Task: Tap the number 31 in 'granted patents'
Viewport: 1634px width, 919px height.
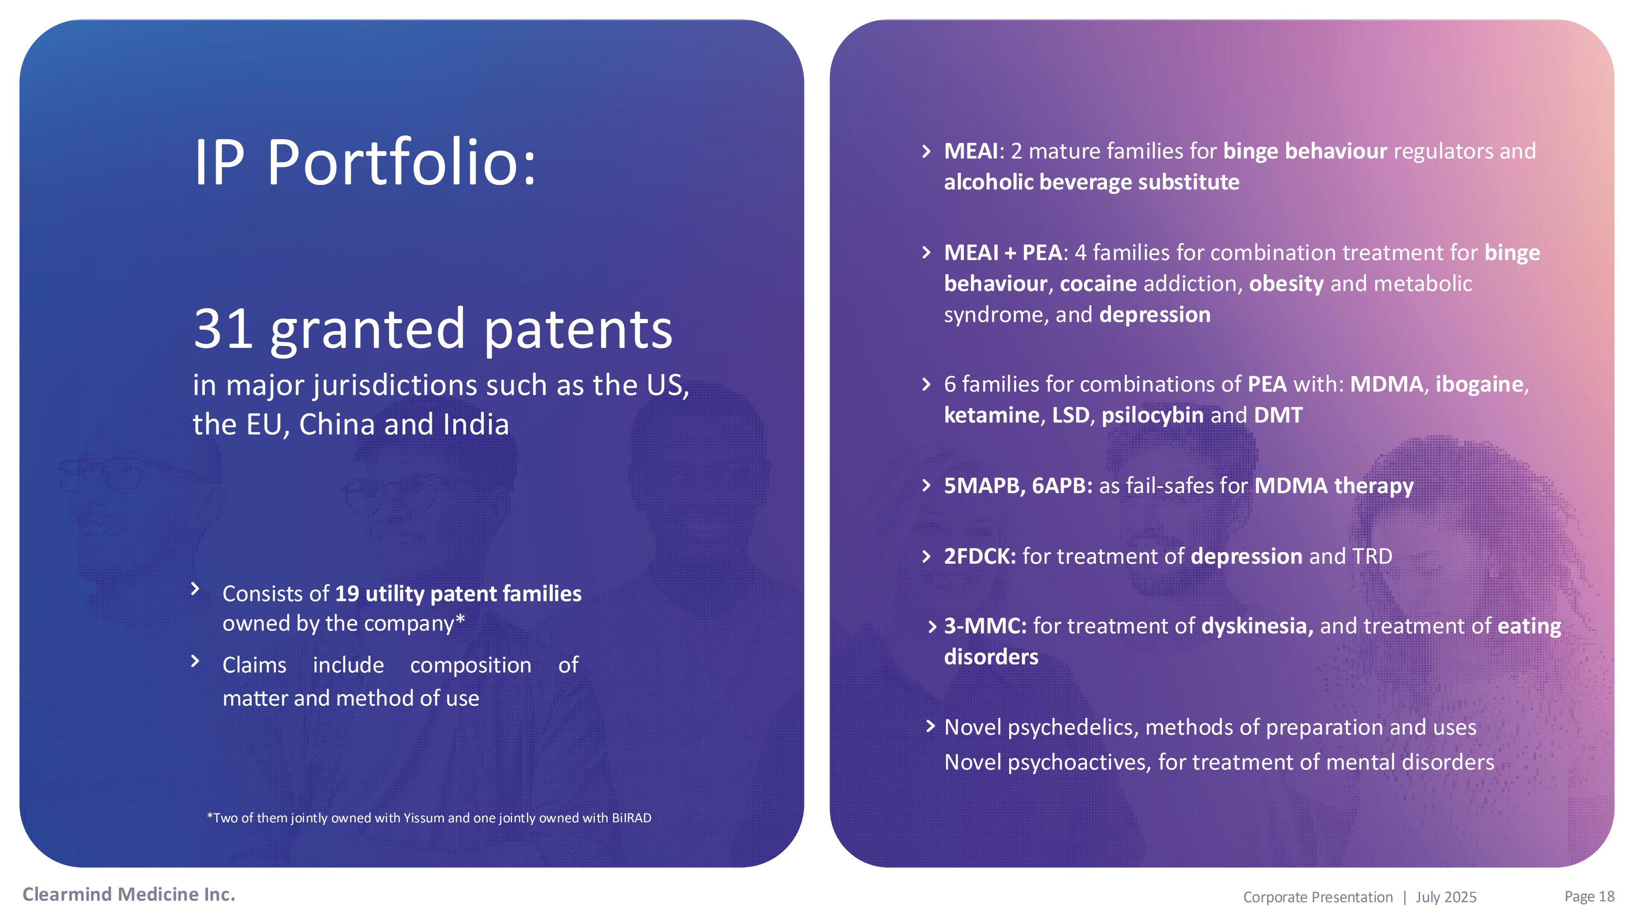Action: [x=223, y=329]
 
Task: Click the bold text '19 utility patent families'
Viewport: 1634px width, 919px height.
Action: [x=458, y=594]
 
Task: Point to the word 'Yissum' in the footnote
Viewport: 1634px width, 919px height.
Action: [x=424, y=818]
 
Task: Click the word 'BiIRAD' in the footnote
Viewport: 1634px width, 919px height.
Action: [x=631, y=818]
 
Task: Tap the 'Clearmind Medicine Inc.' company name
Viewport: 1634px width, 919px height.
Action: [x=129, y=894]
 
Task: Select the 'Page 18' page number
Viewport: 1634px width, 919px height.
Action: [x=1589, y=896]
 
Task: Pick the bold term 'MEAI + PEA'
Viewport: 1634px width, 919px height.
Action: [x=1003, y=253]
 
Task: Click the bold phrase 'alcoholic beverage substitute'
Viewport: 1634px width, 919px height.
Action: [x=1092, y=182]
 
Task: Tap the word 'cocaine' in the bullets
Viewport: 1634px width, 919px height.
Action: [x=1098, y=284]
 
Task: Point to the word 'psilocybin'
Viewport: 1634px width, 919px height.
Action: [x=1152, y=415]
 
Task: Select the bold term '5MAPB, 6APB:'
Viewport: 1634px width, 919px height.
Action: [x=1018, y=486]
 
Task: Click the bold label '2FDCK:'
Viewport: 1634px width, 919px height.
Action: [x=980, y=556]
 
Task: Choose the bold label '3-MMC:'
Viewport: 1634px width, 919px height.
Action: [x=985, y=626]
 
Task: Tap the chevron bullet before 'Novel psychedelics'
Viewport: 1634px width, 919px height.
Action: [x=930, y=726]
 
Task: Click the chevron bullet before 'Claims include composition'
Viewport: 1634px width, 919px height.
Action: [x=195, y=661]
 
